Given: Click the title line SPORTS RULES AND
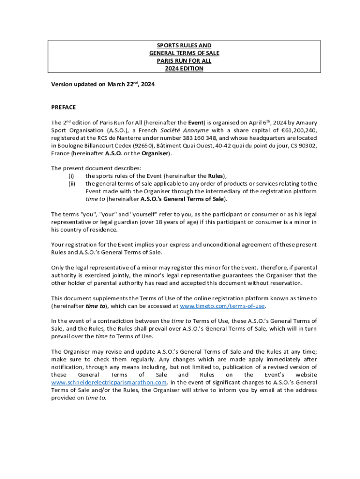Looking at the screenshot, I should (x=184, y=46).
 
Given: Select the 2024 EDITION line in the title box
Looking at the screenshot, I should (x=184, y=68).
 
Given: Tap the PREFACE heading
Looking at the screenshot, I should (x=63, y=107).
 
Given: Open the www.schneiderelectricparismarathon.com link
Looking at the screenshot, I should (x=108, y=382).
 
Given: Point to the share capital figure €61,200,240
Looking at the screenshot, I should (x=299, y=130).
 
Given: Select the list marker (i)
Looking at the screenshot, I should (x=72, y=176).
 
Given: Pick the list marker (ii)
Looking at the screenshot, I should (x=72, y=183).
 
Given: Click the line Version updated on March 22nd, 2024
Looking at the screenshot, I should (x=103, y=85).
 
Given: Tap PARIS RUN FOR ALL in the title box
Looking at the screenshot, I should (x=184, y=61).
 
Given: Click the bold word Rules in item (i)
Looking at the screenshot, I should (x=216, y=176).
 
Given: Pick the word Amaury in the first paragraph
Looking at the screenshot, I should (x=307, y=123).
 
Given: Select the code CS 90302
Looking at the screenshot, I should (x=302, y=145).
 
